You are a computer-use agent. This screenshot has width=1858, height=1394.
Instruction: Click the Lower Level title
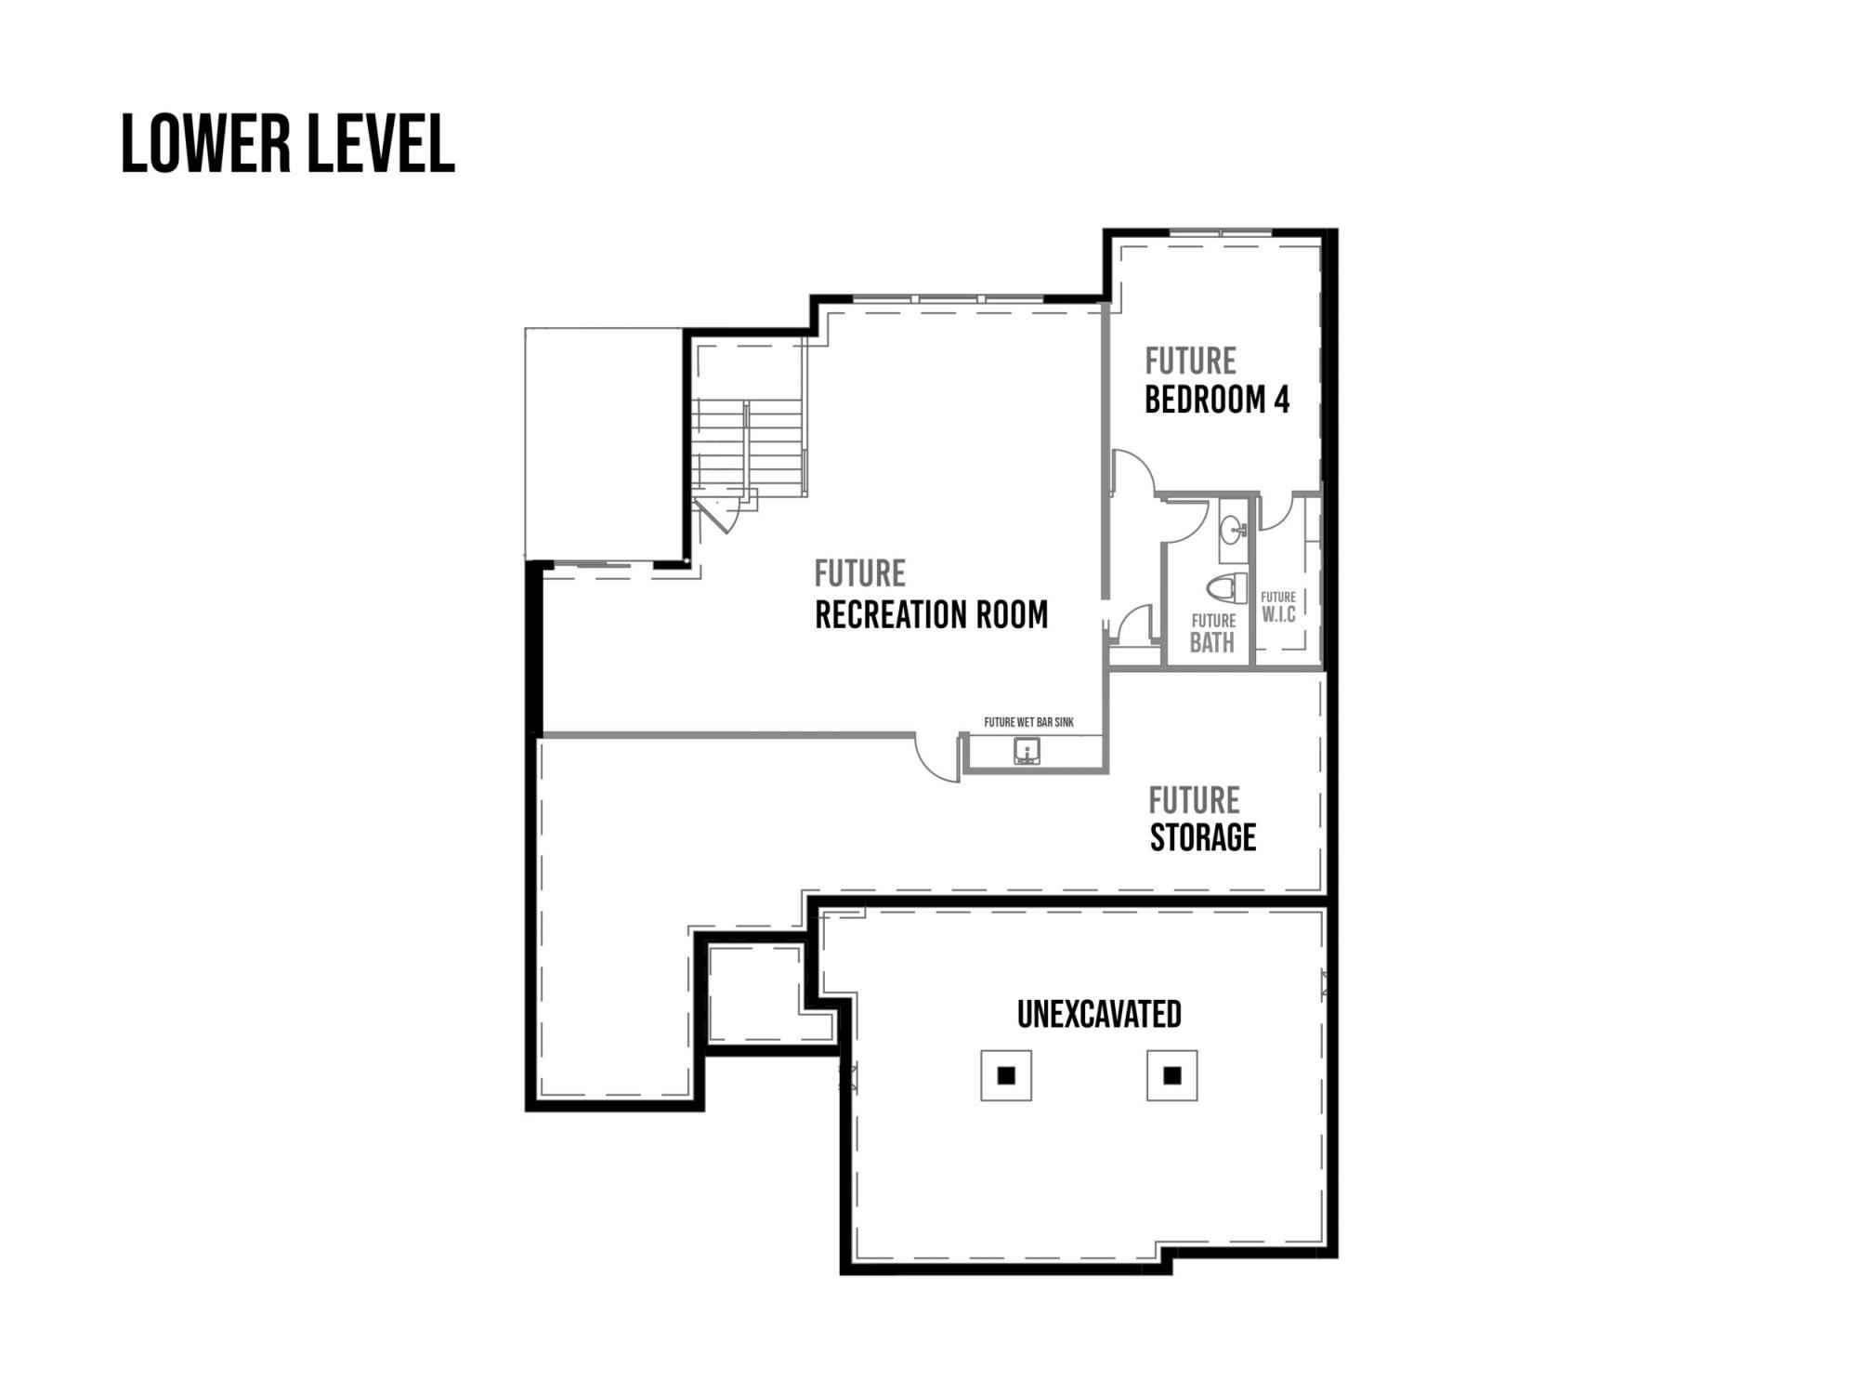pos(288,145)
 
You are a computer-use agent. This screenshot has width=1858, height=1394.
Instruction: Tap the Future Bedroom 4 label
pos(1217,380)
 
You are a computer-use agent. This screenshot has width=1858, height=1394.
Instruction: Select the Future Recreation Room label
pos(932,595)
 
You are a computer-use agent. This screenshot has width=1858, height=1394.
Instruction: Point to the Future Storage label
pos(1203,819)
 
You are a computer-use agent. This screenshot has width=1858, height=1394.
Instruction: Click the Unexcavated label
pos(1099,1014)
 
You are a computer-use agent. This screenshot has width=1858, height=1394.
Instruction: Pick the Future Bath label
pos(1213,633)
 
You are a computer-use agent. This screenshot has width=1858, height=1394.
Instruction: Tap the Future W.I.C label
pos(1278,607)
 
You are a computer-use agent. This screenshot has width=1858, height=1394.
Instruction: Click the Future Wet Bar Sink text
pos(1029,722)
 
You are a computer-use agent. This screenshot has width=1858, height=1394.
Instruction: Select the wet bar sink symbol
pos(1027,751)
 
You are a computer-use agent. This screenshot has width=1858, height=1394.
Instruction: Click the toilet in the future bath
pos(1228,587)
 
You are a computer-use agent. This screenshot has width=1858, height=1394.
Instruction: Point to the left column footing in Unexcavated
pos(1006,1075)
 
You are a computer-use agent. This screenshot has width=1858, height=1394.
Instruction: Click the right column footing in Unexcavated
pos(1172,1075)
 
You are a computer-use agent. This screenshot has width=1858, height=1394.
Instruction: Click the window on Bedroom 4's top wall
pos(1220,231)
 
